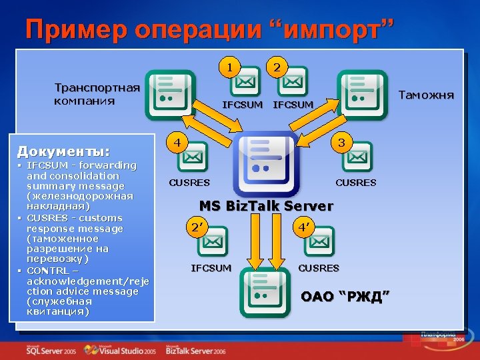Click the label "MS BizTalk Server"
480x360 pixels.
(266, 206)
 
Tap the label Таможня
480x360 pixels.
(425, 95)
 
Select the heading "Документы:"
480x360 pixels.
(63, 151)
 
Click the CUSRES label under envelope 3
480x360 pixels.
(355, 183)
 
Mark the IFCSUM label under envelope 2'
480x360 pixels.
(211, 268)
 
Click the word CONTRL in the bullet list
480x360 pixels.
(47, 270)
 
